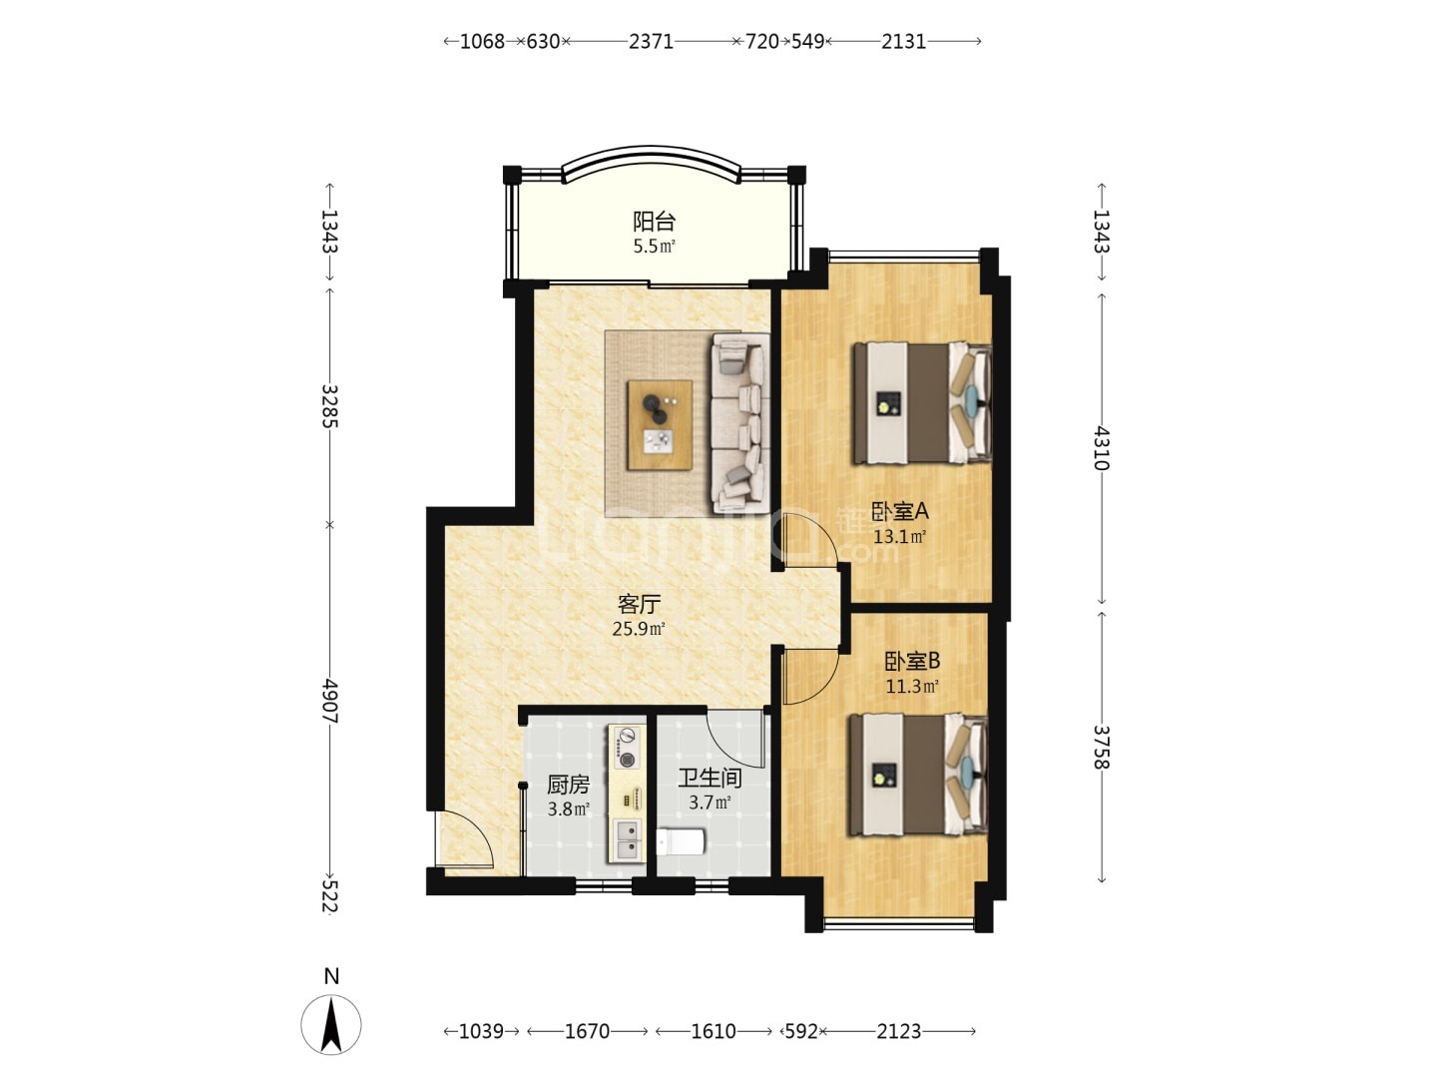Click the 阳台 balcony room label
(x=654, y=222)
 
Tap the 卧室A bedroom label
(x=899, y=511)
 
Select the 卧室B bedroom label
(x=912, y=661)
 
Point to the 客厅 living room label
(x=639, y=603)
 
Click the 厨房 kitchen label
(x=568, y=785)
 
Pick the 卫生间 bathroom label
(x=710, y=778)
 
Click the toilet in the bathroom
(x=681, y=841)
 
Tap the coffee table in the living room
(x=660, y=425)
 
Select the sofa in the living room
(x=740, y=423)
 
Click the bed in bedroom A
(x=921, y=403)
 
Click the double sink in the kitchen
(x=627, y=839)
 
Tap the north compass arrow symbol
(x=331, y=1025)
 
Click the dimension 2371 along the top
(x=651, y=42)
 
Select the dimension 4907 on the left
(x=330, y=701)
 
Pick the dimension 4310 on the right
(x=1101, y=449)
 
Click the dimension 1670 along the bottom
(x=587, y=1032)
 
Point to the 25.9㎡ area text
(x=639, y=629)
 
